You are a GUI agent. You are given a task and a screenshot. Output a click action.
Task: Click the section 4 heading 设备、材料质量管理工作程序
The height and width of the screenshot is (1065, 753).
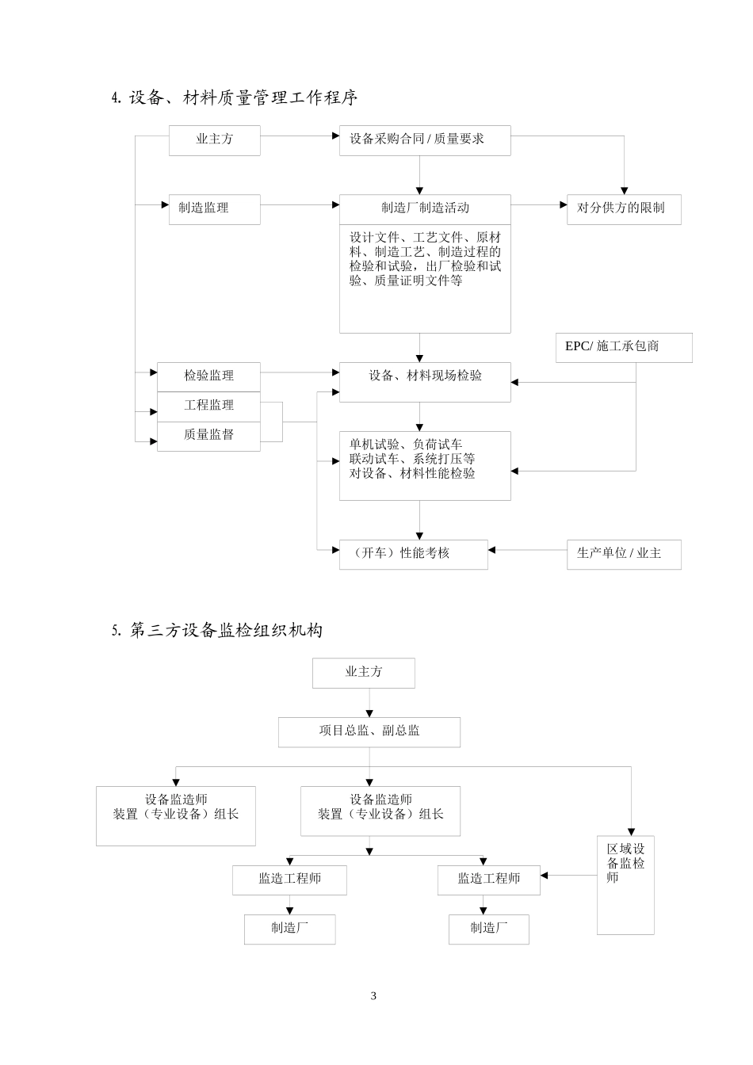[x=235, y=97]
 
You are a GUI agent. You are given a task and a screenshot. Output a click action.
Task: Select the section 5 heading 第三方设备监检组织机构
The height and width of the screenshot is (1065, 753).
[x=217, y=631]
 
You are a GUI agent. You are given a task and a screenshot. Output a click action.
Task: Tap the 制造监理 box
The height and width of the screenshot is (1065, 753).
[x=214, y=208]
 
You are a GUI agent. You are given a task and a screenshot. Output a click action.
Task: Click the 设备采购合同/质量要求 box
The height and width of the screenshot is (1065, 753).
[x=424, y=139]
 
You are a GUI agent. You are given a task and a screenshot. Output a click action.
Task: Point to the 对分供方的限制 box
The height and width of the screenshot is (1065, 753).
[x=623, y=208]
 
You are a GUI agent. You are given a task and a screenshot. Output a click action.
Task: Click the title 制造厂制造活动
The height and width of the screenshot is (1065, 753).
[x=425, y=208]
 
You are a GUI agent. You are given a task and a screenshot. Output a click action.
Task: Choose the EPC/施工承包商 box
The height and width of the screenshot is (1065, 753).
[x=623, y=347]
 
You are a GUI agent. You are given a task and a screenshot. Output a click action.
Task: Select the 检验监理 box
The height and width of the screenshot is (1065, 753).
[x=208, y=376]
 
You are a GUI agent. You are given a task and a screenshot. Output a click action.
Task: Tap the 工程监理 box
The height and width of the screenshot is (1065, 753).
[x=208, y=406]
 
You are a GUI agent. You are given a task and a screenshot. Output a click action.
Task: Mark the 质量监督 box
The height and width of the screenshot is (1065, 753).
[x=208, y=435]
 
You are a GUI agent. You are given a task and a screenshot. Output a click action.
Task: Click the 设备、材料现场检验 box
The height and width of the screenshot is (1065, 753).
[x=425, y=376]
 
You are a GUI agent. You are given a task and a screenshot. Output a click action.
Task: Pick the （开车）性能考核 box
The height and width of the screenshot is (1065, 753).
[x=413, y=553]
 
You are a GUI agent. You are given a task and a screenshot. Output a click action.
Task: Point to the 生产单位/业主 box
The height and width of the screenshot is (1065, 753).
[x=623, y=553]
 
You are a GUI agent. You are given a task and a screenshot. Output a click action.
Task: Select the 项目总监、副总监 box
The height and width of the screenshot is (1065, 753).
[x=369, y=731]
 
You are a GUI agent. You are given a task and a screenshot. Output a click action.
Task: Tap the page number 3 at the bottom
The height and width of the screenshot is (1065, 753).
[x=373, y=996]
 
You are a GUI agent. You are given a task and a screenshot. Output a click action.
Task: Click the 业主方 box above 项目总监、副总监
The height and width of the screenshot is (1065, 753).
[x=363, y=672]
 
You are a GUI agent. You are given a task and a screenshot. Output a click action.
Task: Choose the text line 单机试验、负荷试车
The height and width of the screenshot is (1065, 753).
[x=406, y=445]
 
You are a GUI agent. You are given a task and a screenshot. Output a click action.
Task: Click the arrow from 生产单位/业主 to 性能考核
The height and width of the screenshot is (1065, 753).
[x=527, y=550]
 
